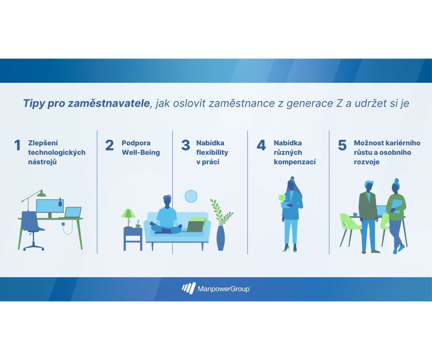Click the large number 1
tap(18, 145)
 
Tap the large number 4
tap(261, 145)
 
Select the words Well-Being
tap(141, 152)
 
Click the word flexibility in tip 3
tap(212, 153)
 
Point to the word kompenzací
tap(294, 162)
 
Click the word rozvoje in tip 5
tap(367, 162)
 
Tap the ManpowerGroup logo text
tap(224, 289)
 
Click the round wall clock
tap(191, 196)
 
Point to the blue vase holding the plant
tap(220, 238)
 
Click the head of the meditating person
tap(167, 201)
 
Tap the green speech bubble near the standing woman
tap(282, 198)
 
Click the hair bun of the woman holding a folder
tap(396, 181)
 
